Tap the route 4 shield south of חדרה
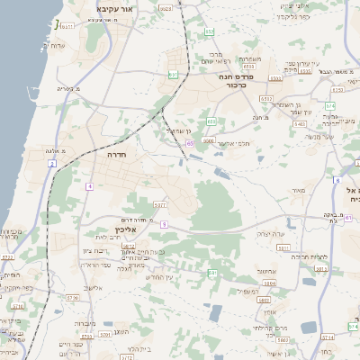[90, 186]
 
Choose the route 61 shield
[348, 217]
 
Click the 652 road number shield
[264, 96]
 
